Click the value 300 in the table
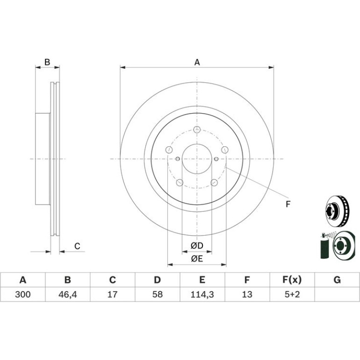pos(23,294)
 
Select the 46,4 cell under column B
pos(67,294)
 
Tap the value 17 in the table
pos(113,294)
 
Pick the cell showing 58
pos(158,294)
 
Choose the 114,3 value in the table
pos(202,294)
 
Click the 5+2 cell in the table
pos(292,294)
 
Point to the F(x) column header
pos(292,280)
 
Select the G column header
pos(337,280)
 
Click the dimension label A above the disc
pos(197,62)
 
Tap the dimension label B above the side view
pos(47,62)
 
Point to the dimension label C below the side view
pos(77,246)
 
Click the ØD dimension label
pos(197,245)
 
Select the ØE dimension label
pos(197,259)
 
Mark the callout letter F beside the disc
pos(288,204)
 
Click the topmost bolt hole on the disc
pos(197,130)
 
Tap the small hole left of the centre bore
pos(178,158)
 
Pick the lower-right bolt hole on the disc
pos(214,182)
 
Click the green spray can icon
pos(324,246)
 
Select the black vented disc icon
pos(337,211)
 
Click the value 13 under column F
pos(247,294)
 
